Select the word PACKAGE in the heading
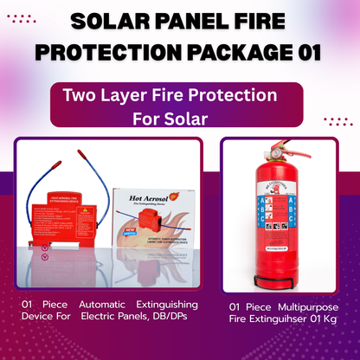230,51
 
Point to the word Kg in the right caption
328,320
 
